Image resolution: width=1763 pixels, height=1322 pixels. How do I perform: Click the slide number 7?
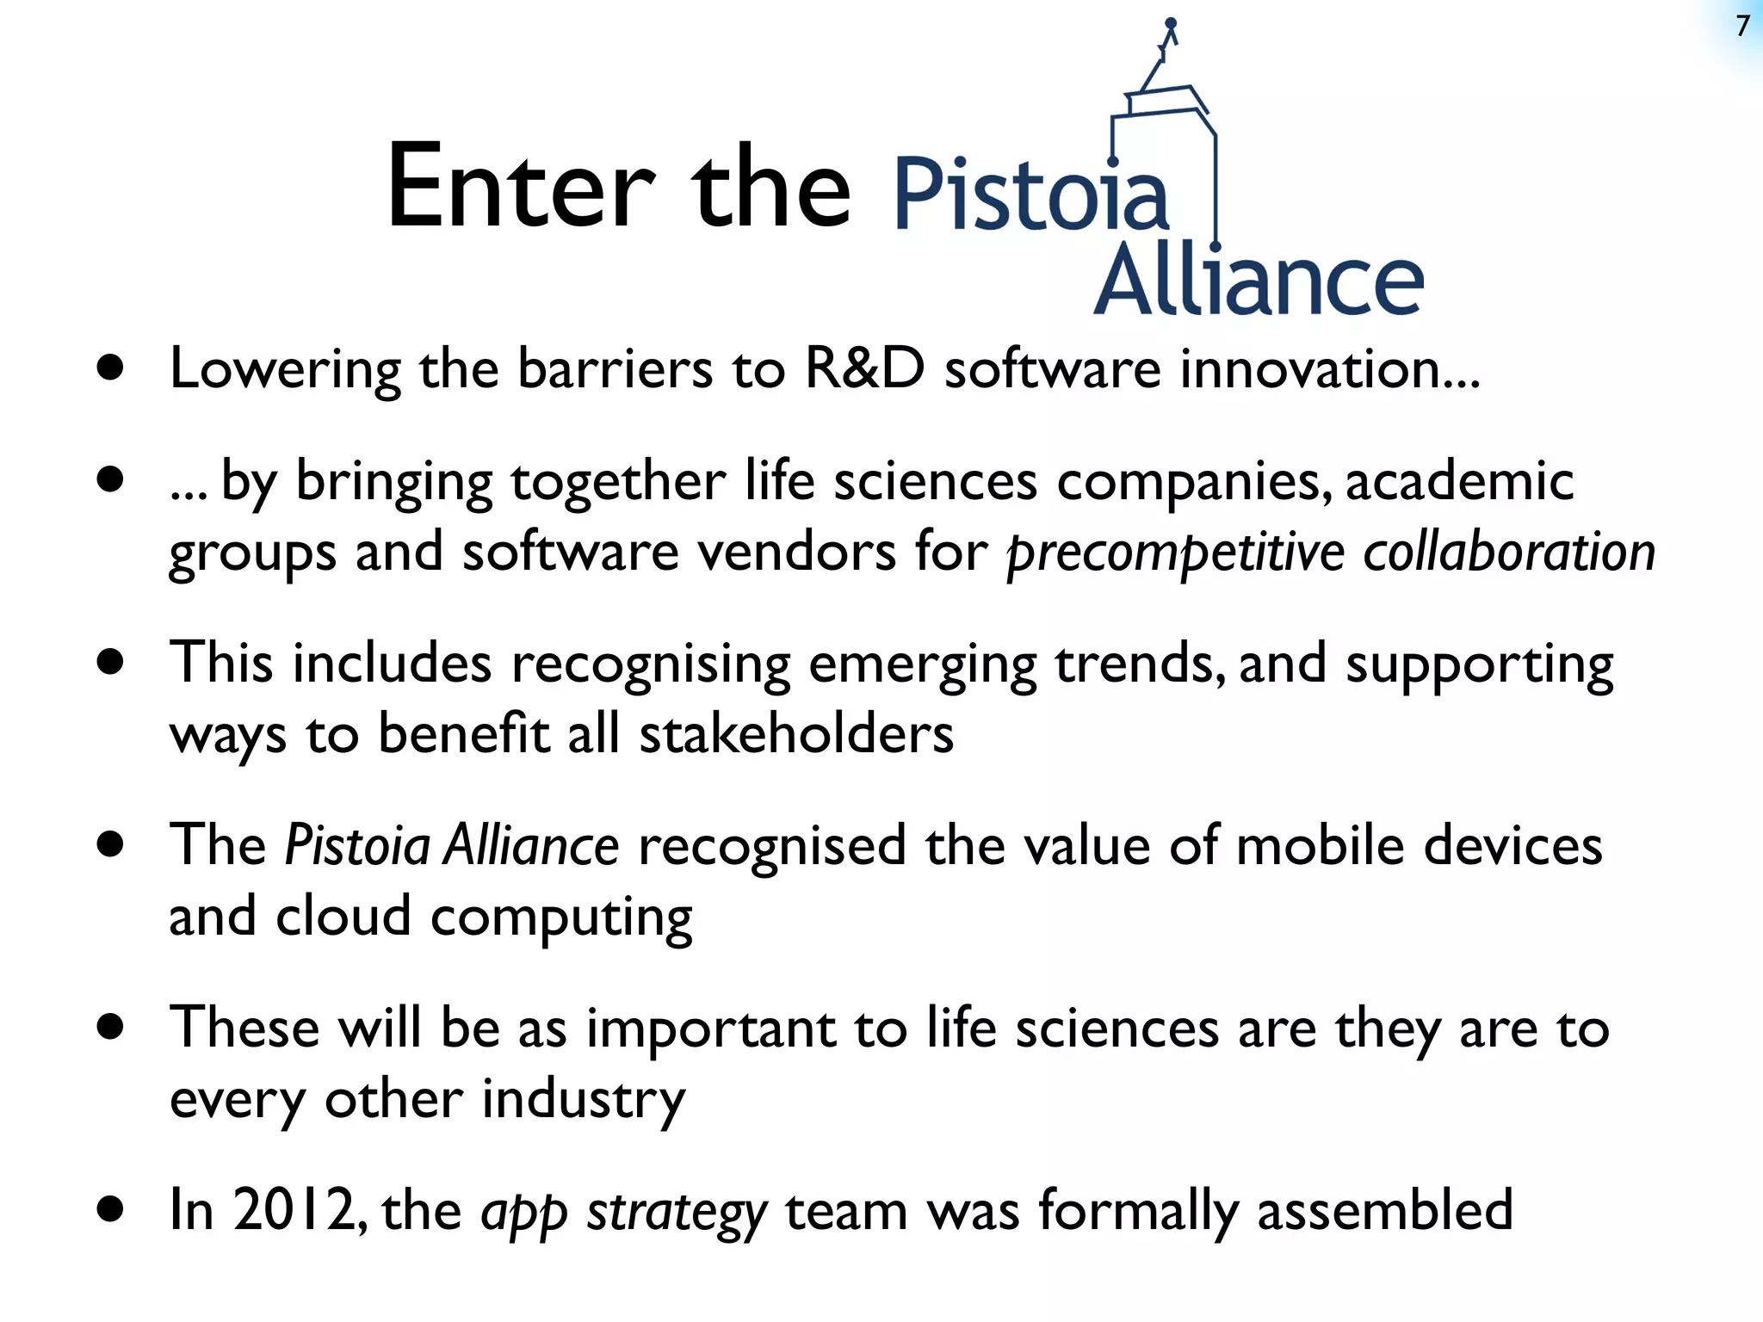click(1743, 27)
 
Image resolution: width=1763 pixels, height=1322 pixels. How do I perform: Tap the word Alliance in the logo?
click(1259, 281)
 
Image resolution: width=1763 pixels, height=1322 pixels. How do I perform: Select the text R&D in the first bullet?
click(864, 368)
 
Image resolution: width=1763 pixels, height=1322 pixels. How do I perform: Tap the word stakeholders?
click(796, 734)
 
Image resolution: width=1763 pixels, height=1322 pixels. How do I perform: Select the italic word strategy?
click(676, 1212)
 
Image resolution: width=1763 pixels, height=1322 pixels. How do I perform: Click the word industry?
click(583, 1100)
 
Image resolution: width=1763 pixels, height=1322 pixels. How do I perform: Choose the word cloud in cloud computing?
click(343, 917)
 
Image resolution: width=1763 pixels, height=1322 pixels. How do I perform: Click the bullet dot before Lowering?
click(110, 369)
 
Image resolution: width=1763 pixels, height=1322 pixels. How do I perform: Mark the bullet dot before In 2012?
click(110, 1210)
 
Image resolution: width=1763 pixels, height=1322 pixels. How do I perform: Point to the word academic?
click(1459, 480)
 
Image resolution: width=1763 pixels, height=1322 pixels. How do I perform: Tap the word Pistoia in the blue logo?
click(1031, 195)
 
